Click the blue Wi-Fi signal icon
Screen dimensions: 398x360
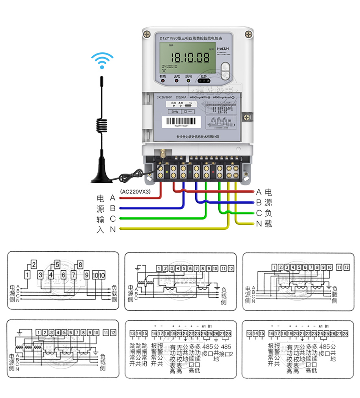[102, 61]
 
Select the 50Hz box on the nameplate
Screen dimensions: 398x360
[174, 112]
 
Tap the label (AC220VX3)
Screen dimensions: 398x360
[135, 191]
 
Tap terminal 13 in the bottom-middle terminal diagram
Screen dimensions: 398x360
[132, 334]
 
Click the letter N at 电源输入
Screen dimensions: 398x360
[113, 229]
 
